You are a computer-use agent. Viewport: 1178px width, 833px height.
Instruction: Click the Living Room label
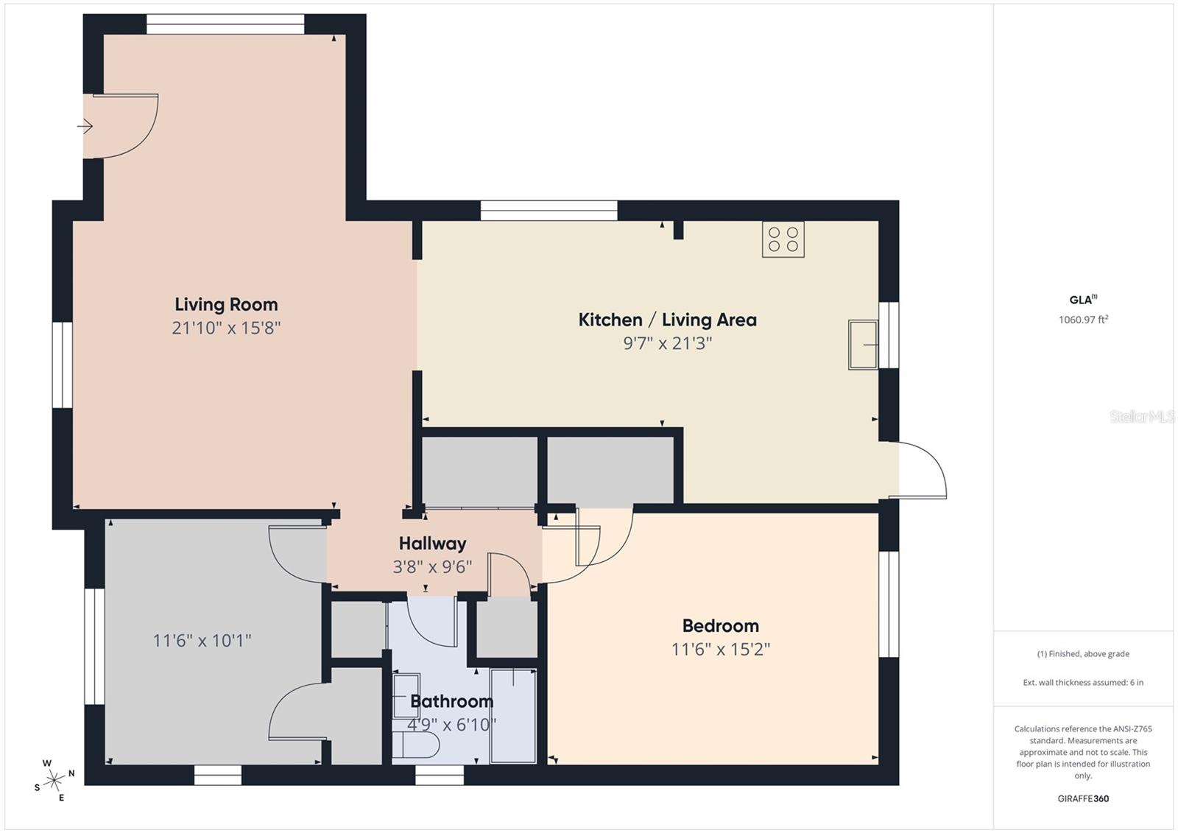[226, 304]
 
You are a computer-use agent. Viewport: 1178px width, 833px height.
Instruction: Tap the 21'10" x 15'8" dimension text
[226, 328]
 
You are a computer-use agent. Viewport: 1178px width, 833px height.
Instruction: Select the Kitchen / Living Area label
[667, 320]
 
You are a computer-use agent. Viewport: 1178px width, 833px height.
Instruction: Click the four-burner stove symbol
[783, 239]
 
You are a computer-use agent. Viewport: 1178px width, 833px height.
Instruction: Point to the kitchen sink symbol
[863, 344]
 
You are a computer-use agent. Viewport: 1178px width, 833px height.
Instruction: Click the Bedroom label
[720, 625]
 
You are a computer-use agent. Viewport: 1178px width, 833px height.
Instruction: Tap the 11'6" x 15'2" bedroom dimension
[720, 649]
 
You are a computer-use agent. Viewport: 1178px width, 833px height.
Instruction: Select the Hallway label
[432, 544]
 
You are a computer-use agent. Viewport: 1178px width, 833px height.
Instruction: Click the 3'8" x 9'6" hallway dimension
[432, 566]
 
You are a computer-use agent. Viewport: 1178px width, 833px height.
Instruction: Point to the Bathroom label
[451, 701]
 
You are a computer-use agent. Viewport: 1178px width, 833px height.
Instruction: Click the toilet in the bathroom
[417, 744]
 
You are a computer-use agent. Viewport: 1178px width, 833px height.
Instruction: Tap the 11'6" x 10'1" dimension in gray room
[202, 640]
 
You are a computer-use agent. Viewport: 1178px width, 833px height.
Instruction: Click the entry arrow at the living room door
[85, 127]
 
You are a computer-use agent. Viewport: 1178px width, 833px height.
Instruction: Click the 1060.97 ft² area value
[1083, 320]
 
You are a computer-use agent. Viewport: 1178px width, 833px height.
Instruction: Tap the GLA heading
[1082, 300]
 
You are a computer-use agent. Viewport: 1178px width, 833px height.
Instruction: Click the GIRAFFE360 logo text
[1083, 798]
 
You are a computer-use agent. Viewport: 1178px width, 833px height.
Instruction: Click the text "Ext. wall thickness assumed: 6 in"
[1083, 682]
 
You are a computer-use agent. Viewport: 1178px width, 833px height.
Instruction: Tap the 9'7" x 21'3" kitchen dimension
[667, 343]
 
